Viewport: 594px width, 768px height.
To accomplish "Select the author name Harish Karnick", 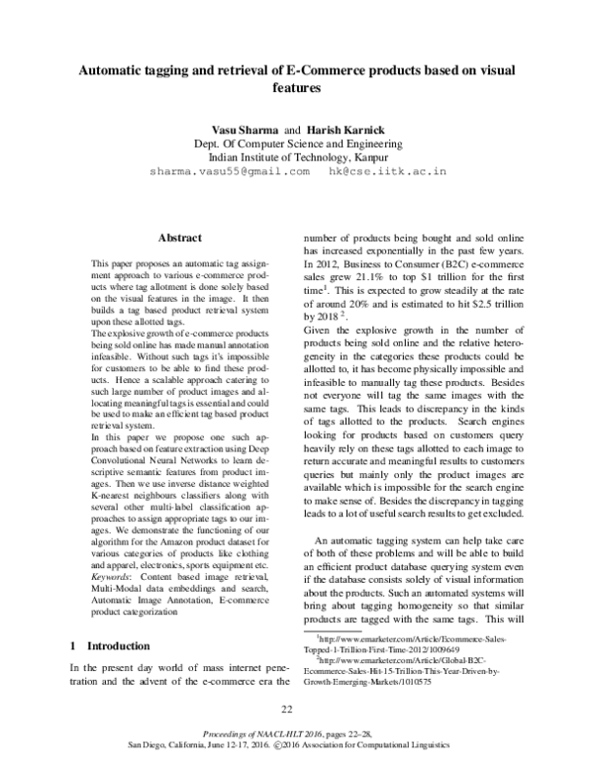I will (x=339, y=130).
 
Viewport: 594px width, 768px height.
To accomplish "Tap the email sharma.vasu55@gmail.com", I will (x=229, y=171).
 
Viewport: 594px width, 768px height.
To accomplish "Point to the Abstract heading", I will (x=180, y=239).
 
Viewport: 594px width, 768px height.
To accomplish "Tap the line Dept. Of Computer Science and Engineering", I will (x=297, y=144).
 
